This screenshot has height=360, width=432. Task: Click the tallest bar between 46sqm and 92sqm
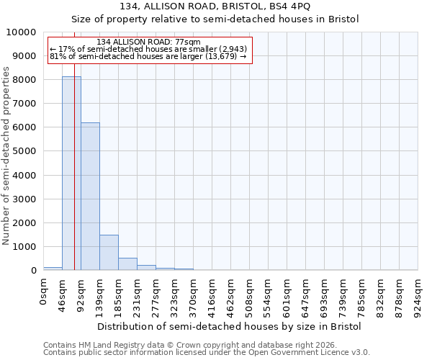(x=71, y=173)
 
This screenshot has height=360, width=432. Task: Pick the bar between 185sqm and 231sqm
(x=127, y=264)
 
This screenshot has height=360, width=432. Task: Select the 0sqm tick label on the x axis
(x=44, y=292)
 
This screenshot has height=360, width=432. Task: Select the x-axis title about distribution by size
(x=229, y=326)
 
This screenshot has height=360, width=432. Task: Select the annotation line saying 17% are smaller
(x=148, y=49)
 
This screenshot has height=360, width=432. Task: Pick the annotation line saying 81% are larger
(x=148, y=56)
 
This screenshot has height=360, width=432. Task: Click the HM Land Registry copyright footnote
(x=194, y=345)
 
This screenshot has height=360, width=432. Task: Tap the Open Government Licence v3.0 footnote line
(x=207, y=353)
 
